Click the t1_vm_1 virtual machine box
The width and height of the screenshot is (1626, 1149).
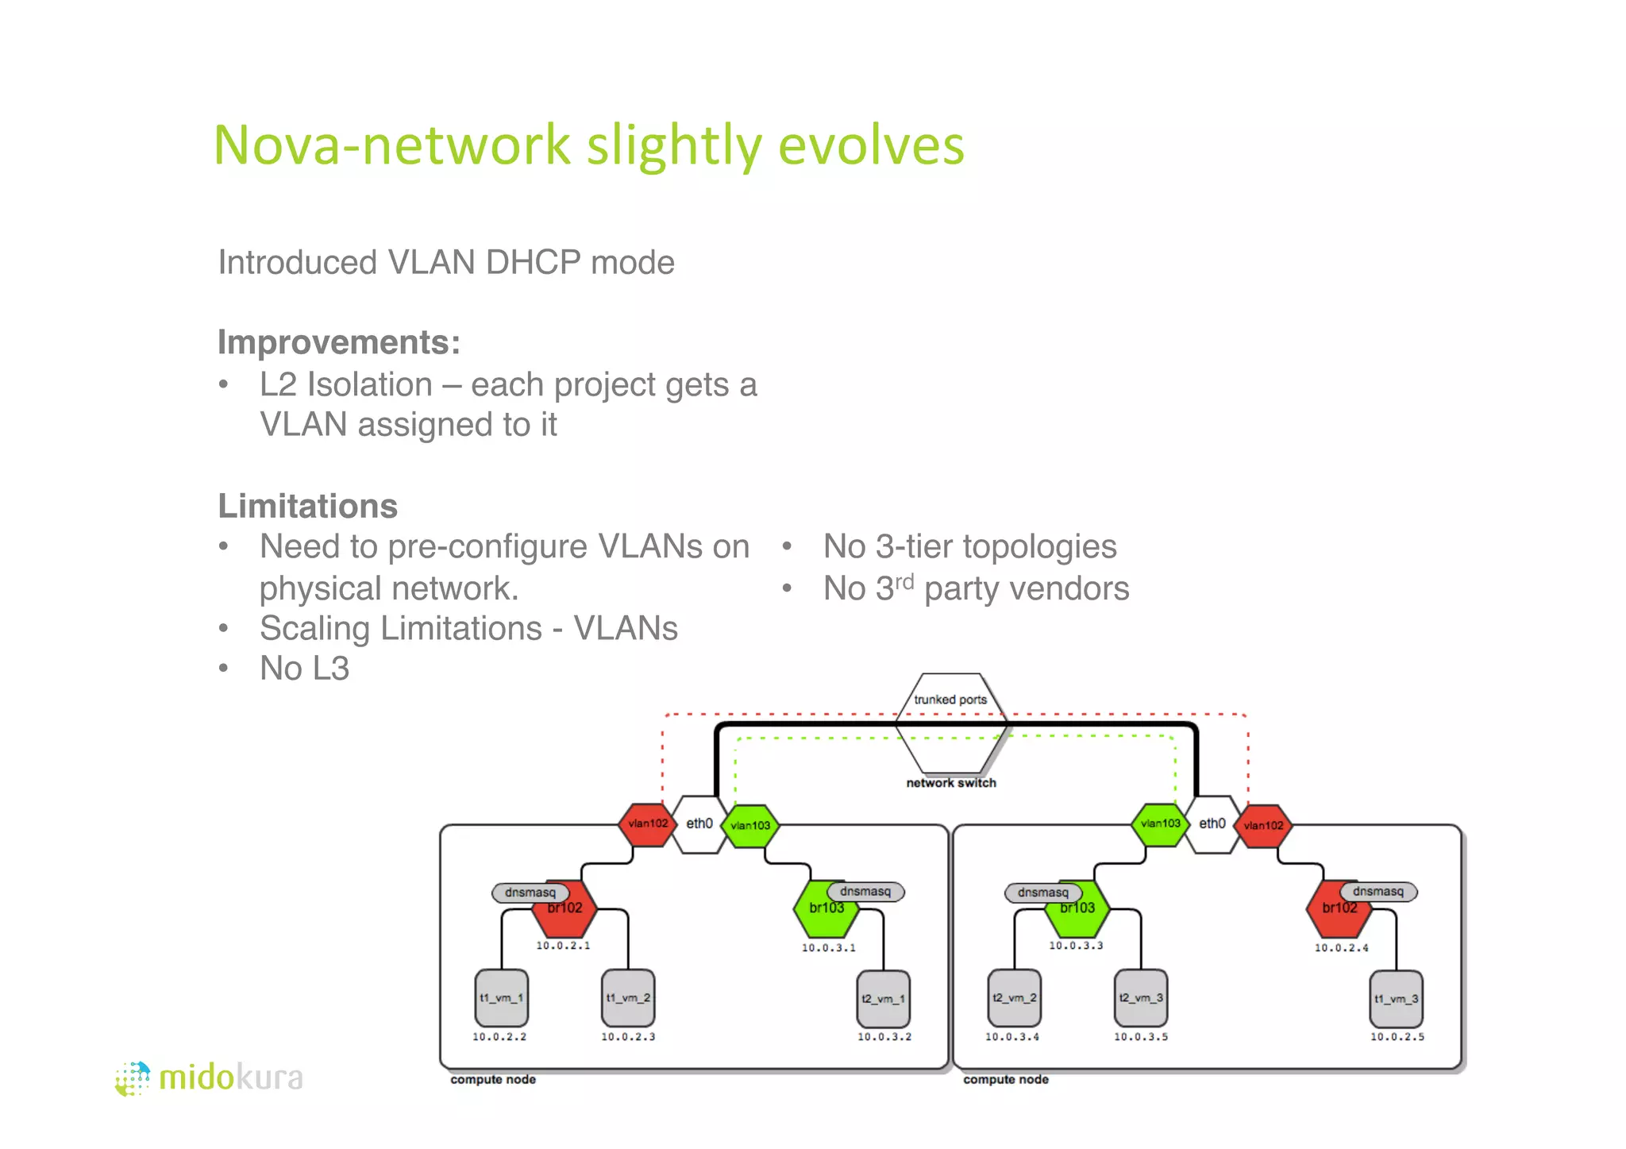pos(501,997)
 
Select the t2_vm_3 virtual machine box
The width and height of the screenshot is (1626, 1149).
pos(1141,997)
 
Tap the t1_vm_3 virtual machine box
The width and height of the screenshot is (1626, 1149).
pos(1397,999)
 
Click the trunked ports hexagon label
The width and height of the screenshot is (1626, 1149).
pos(950,700)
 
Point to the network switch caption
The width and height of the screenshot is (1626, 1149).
pos(951,783)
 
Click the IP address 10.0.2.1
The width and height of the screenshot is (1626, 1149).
pos(563,946)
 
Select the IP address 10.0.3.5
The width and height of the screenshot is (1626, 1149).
pos(1141,1037)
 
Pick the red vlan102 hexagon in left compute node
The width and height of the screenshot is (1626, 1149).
pos(648,824)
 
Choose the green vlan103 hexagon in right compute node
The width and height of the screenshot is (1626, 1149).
pos(1160,824)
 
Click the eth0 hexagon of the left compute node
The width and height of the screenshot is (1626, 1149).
pos(699,824)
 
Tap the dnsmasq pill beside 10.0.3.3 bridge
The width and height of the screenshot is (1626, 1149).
pos(1042,893)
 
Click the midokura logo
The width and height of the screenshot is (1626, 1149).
pos(210,1078)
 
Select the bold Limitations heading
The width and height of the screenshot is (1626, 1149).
pos(308,507)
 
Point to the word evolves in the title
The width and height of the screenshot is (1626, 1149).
pos(871,146)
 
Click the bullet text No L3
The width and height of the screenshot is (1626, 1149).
pos(304,669)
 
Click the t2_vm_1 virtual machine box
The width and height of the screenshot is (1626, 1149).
pos(884,999)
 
